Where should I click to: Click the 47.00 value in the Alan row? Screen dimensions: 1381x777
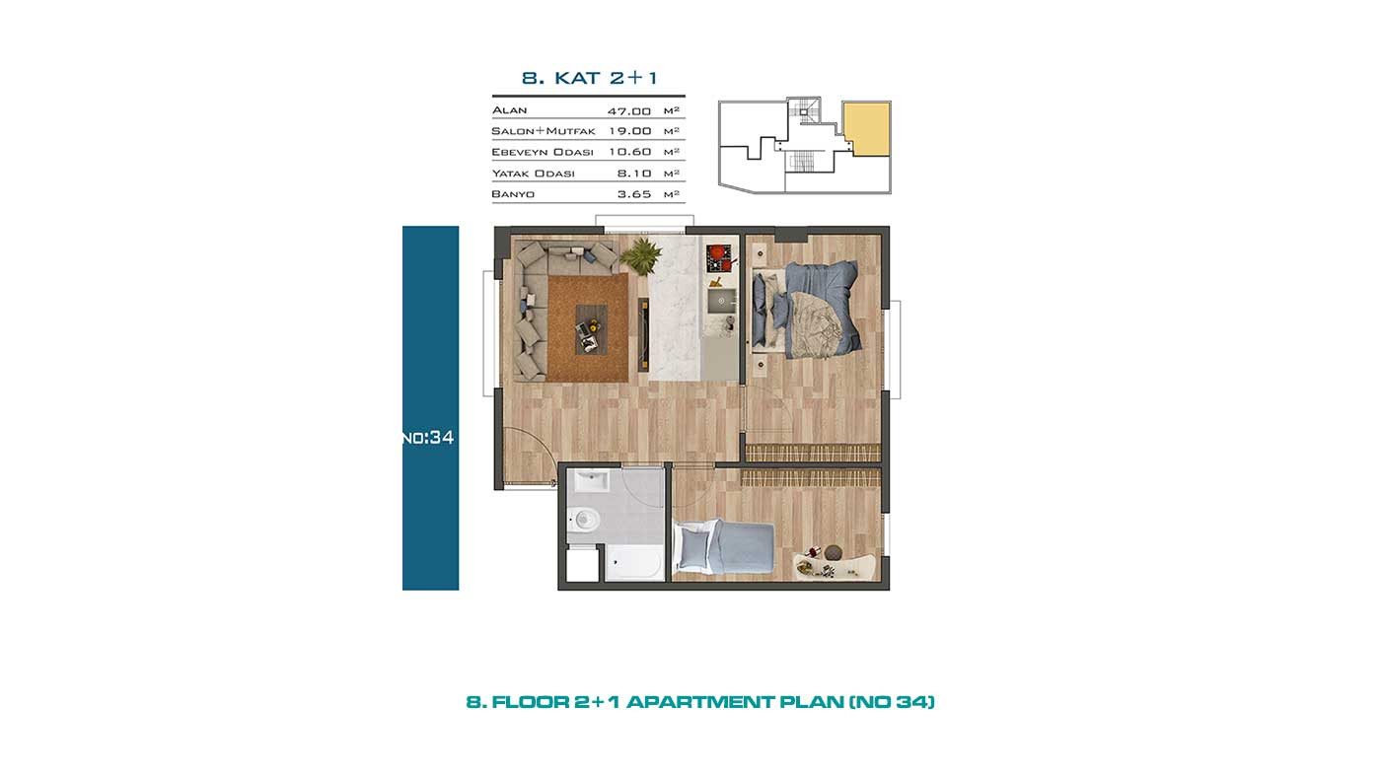pos(629,110)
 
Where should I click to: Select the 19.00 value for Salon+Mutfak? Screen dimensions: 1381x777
pos(629,130)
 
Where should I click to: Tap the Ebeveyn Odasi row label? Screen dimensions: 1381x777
pos(543,152)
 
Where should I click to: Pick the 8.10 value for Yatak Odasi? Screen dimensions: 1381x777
pos(633,174)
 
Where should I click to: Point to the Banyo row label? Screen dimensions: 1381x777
pos(513,194)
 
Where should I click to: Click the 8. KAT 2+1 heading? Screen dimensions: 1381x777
pos(590,78)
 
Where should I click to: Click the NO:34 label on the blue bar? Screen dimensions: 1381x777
pos(428,438)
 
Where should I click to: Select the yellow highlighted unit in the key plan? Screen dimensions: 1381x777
pos(866,129)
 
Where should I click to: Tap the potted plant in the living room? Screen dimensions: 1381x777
pos(640,255)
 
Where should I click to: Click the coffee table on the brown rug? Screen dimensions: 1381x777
pos(591,329)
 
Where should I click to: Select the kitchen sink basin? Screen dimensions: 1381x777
pos(721,302)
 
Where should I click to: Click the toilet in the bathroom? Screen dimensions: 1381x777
pos(582,520)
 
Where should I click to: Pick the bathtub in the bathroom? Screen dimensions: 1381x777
pos(633,563)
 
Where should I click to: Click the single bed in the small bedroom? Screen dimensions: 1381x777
pos(724,547)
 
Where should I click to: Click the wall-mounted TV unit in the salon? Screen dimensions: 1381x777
pos(643,334)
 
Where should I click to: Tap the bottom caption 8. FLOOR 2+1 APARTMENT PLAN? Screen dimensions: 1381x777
pos(700,702)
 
